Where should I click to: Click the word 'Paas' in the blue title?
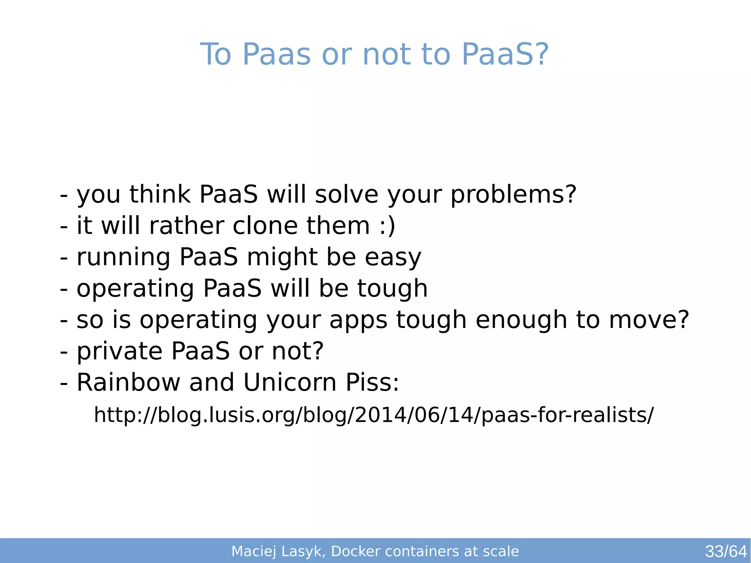pyautogui.click(x=276, y=54)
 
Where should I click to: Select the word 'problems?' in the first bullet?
pyautogui.click(x=513, y=195)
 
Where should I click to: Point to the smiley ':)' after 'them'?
pyautogui.click(x=387, y=226)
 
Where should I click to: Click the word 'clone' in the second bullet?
pyautogui.click(x=265, y=225)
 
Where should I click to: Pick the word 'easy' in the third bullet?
pyautogui.click(x=393, y=257)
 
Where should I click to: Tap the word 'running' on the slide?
pyautogui.click(x=123, y=257)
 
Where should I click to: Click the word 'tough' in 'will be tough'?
pyautogui.click(x=392, y=289)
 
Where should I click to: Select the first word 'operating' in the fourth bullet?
pyautogui.click(x=135, y=289)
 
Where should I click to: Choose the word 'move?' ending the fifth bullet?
pyautogui.click(x=649, y=319)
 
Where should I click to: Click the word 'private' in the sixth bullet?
pyautogui.click(x=120, y=351)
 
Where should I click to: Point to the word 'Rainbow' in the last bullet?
pyautogui.click(x=128, y=383)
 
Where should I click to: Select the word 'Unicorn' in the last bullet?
pyautogui.click(x=290, y=383)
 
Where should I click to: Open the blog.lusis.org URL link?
pyautogui.click(x=374, y=415)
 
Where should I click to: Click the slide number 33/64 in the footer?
pyautogui.click(x=726, y=551)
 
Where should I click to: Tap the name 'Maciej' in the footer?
pyautogui.click(x=254, y=551)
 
